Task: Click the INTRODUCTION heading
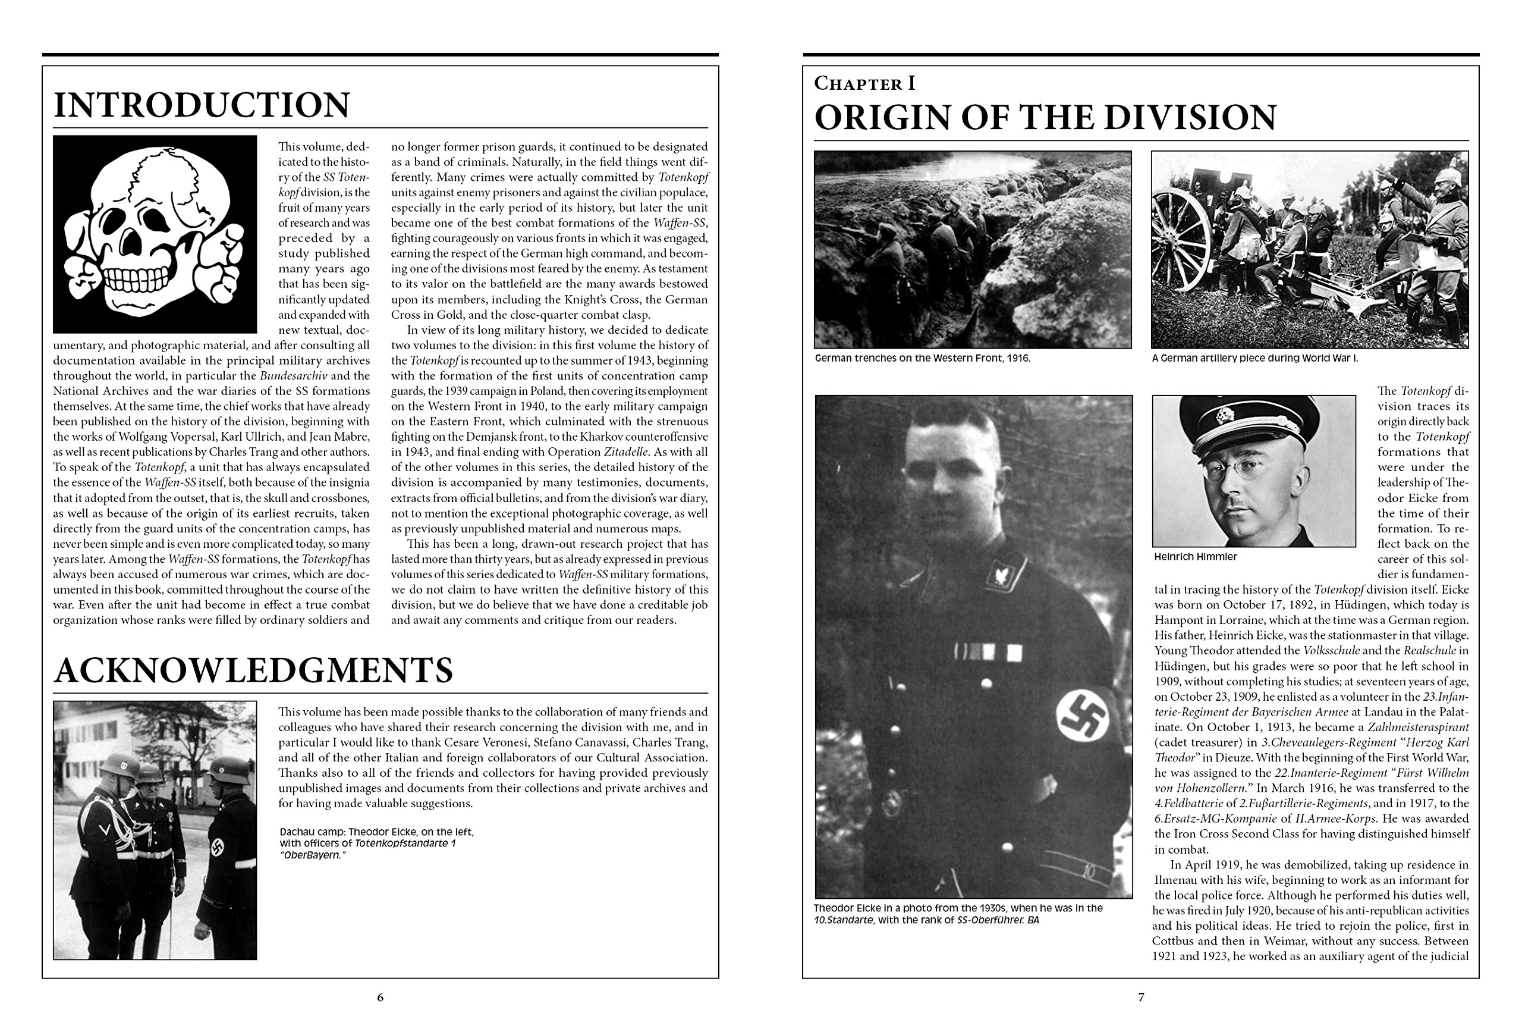pos(202,106)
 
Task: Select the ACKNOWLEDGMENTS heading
pos(253,670)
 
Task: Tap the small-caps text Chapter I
pos(864,84)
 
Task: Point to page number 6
pos(380,997)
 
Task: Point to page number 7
pos(1141,997)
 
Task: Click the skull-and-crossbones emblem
pos(155,234)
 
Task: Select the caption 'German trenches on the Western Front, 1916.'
pos(922,358)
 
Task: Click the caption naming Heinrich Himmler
pos(1195,557)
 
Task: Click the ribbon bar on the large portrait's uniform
pos(988,652)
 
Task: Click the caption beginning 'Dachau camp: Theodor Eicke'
pos(376,843)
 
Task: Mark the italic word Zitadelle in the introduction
pos(625,452)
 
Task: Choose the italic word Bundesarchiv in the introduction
pos(293,376)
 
